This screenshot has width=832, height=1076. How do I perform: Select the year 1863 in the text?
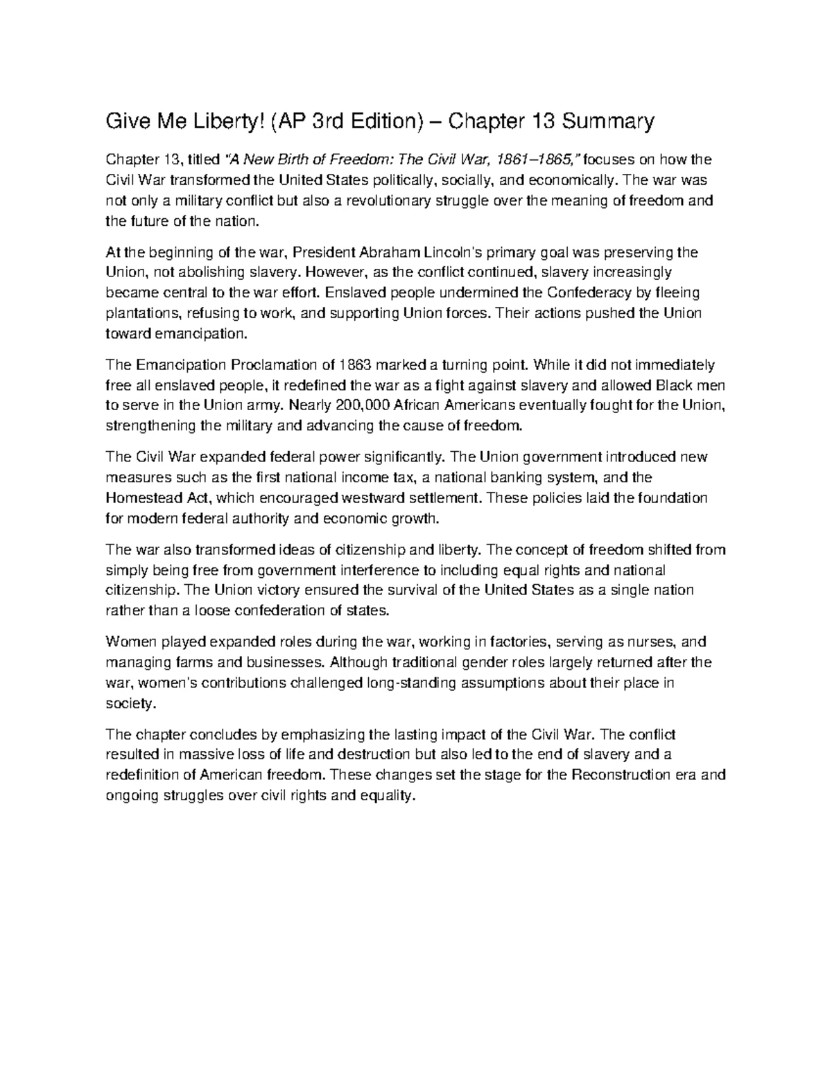(358, 364)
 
